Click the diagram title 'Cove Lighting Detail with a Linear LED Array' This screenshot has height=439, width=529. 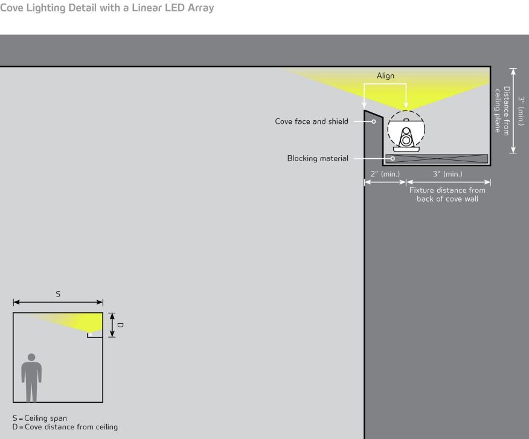click(107, 7)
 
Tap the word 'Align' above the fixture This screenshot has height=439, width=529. click(385, 75)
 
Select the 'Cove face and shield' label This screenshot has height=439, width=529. click(312, 121)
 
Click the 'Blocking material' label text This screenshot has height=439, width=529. click(318, 158)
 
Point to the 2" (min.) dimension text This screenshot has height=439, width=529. click(385, 174)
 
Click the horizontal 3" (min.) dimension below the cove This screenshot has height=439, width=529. click(447, 174)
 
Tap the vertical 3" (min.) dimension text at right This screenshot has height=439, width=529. click(521, 111)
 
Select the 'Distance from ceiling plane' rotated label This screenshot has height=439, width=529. click(502, 111)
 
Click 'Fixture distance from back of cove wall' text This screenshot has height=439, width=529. click(447, 194)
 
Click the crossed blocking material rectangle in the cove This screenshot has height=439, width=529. click(437, 159)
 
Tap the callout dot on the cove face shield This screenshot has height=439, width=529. click(373, 121)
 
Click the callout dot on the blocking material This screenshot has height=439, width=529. click(393, 158)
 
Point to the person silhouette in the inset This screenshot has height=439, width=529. click(31, 377)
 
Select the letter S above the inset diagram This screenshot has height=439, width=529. click(58, 294)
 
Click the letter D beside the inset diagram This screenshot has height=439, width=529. click(120, 325)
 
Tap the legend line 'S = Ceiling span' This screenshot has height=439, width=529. click(40, 418)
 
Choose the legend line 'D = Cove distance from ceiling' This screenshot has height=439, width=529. click(65, 427)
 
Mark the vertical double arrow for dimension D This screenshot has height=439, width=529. click(112, 325)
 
